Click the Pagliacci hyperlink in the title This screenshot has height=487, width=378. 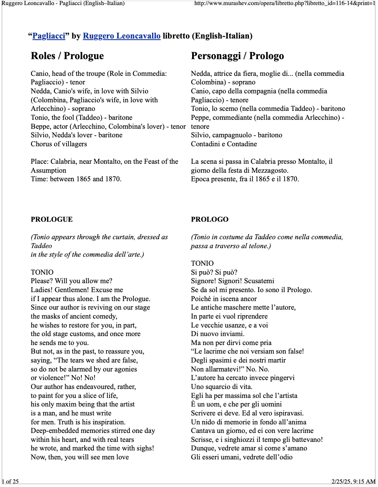coord(49,36)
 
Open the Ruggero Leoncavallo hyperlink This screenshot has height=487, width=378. coord(121,36)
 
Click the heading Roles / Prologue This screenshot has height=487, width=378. coord(67,56)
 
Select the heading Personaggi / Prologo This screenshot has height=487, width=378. coord(237,56)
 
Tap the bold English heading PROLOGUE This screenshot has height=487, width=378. coord(52,219)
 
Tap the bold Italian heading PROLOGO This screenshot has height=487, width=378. coord(210,219)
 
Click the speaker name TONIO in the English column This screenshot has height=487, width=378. coord(42,272)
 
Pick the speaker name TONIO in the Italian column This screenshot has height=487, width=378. coord(202,263)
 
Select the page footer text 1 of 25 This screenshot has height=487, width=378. coord(10,482)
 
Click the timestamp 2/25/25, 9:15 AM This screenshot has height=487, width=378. coord(353,482)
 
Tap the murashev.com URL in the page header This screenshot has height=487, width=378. coord(285,3)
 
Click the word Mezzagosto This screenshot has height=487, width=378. coord(271,170)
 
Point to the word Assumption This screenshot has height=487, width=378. coord(49,170)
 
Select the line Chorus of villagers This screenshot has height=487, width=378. coord(59,144)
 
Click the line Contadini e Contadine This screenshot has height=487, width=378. coord(224,144)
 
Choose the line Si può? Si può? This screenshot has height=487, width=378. coord(214,272)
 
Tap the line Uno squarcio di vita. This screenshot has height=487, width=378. coord(221,387)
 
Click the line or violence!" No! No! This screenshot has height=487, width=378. coord(63,378)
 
